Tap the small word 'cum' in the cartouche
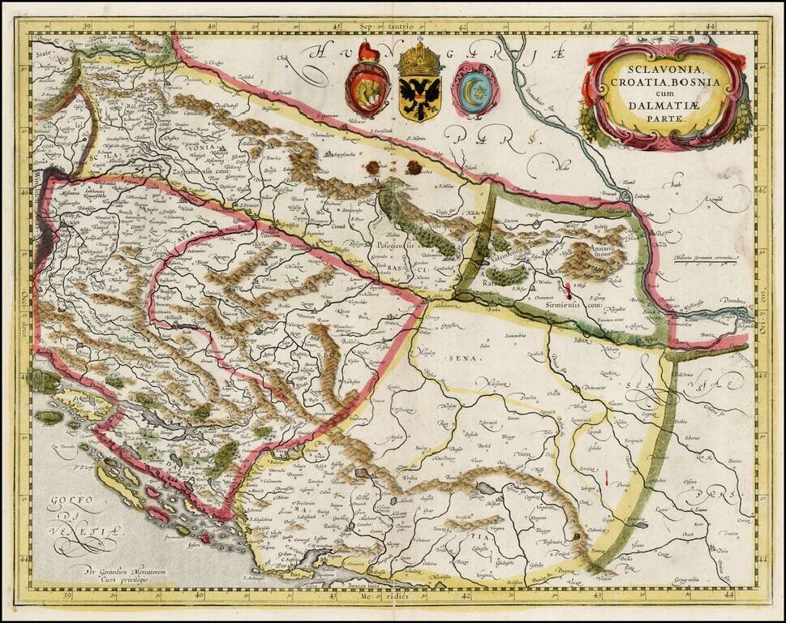pyautogui.click(x=664, y=93)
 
